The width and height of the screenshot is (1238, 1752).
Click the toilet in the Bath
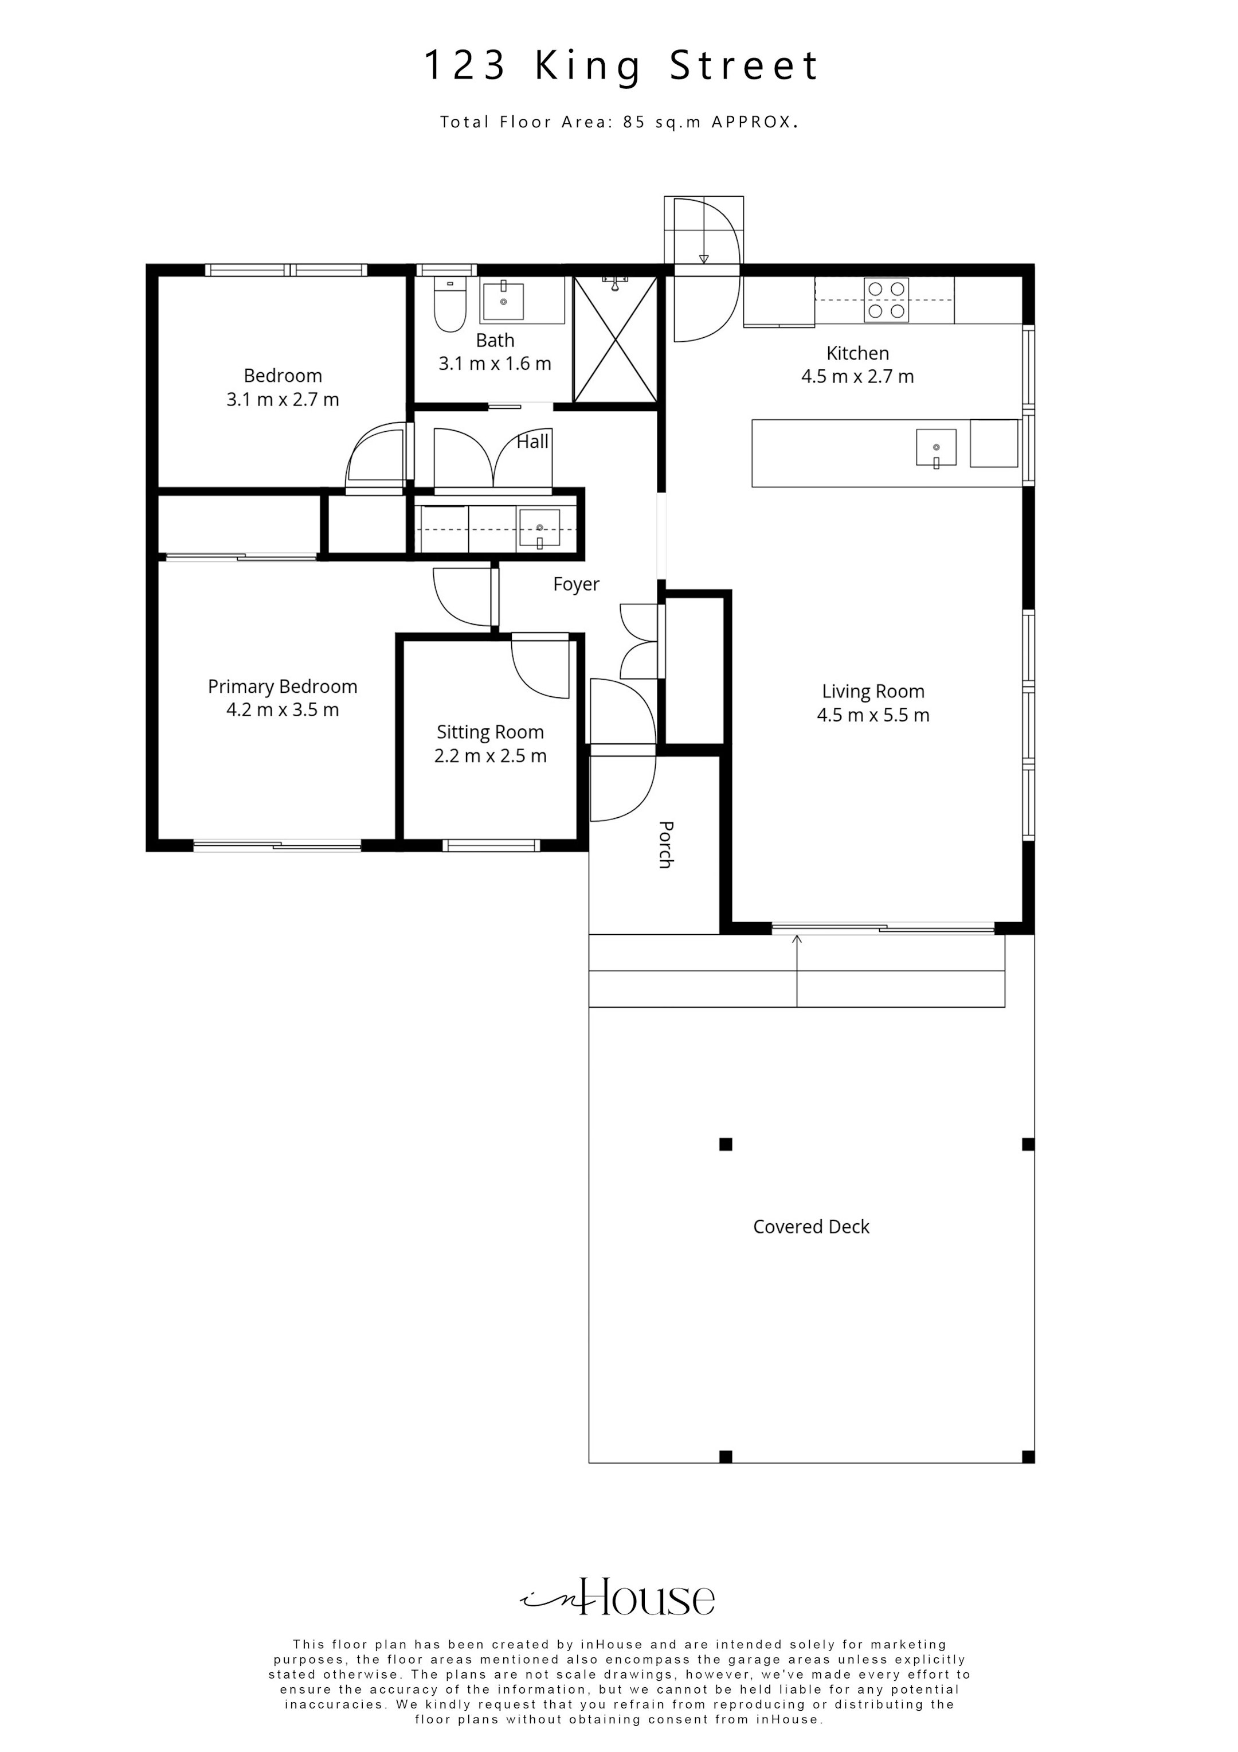point(449,305)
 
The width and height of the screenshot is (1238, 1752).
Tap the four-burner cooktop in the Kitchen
point(886,300)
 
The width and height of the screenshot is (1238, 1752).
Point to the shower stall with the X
point(615,339)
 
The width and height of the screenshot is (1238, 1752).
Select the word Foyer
point(576,584)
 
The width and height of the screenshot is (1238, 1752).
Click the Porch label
point(665,845)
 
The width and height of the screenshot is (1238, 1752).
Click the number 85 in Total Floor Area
point(634,122)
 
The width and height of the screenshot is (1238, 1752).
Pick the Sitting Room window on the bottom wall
point(491,845)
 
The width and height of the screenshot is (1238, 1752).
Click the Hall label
point(532,441)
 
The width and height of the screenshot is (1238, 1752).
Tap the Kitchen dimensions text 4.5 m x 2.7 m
point(857,376)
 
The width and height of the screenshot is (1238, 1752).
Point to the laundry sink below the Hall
point(539,528)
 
